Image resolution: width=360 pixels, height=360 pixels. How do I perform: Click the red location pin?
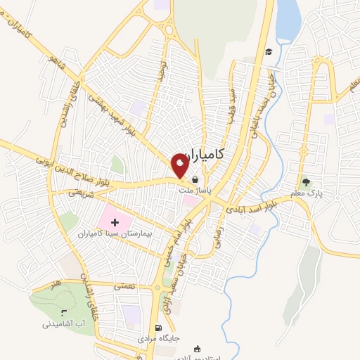pos(180,165)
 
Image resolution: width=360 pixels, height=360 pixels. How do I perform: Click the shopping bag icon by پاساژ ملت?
pos(195,179)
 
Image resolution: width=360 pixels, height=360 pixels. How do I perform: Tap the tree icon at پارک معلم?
pos(304,181)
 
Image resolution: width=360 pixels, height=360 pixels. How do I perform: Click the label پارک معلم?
pos(302,191)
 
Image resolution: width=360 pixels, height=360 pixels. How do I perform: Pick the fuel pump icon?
pos(157,328)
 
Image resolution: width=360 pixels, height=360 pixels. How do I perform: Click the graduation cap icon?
pos(268,51)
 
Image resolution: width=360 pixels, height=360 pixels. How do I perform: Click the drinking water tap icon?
pos(64,312)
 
